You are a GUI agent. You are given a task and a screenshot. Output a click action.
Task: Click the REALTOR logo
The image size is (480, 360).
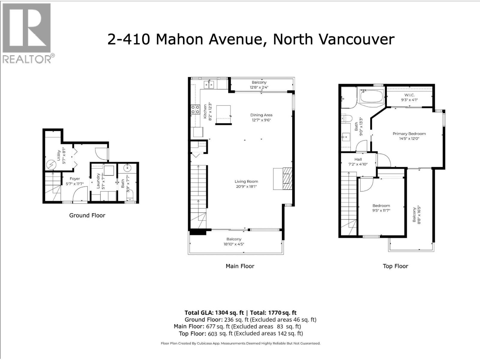tap(28, 33)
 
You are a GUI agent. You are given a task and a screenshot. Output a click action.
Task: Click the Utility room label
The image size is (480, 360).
tap(59, 155)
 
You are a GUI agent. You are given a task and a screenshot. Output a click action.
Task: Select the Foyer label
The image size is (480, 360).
tap(75, 178)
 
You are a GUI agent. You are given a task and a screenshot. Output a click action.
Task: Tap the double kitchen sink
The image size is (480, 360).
tap(209, 85)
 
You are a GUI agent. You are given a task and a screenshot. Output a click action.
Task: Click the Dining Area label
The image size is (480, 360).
tap(261, 115)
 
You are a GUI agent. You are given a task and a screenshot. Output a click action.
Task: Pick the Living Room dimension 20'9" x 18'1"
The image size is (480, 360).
tap(246, 186)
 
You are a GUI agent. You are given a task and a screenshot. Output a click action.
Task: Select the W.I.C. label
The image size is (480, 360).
tap(409, 95)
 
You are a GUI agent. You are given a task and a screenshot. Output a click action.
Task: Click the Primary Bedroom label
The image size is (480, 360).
tap(409, 133)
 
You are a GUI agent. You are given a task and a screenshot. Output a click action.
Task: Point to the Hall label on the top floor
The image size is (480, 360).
tap(358, 159)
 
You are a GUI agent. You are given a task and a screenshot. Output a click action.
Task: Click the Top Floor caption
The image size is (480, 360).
tap(395, 266)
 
